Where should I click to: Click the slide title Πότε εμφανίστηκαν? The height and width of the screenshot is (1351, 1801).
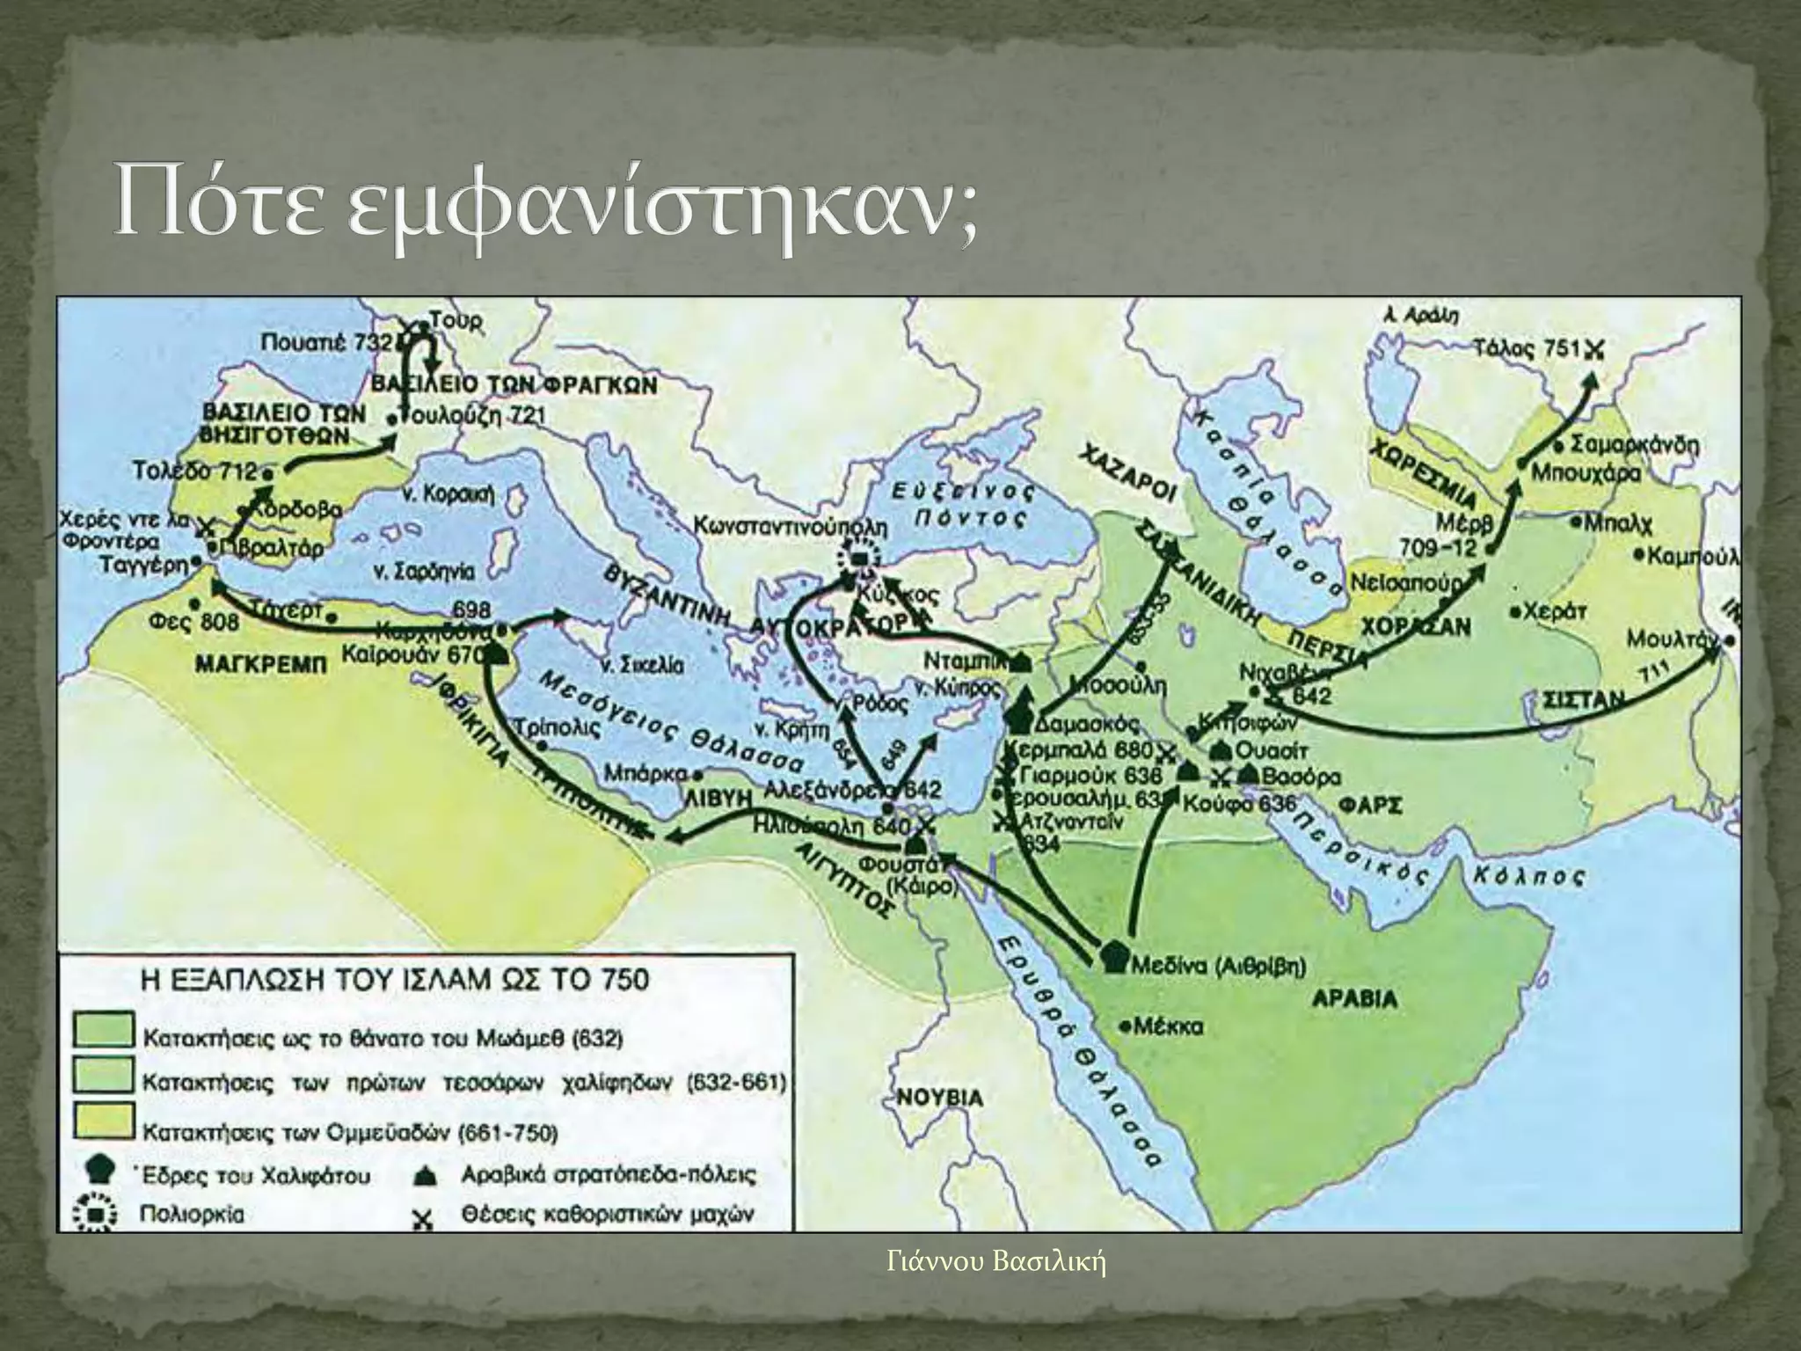click(545, 210)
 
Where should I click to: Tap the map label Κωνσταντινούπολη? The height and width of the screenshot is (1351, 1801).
click(791, 528)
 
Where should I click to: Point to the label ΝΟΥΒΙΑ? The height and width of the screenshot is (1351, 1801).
click(941, 1098)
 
